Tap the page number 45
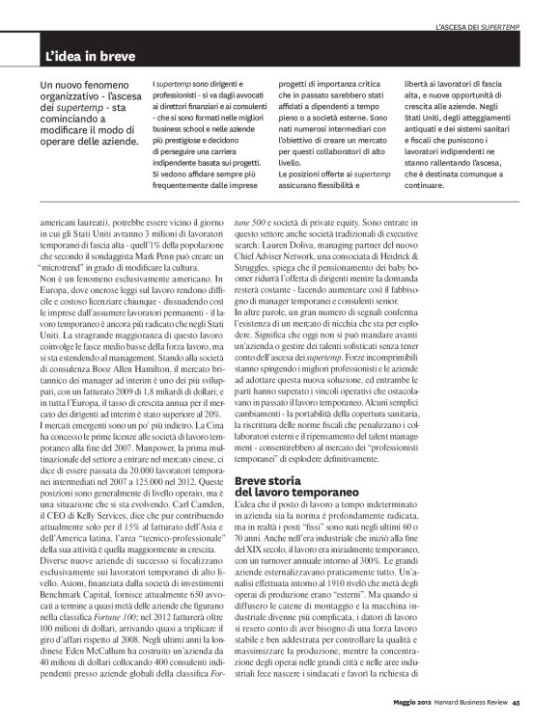point(517,702)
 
